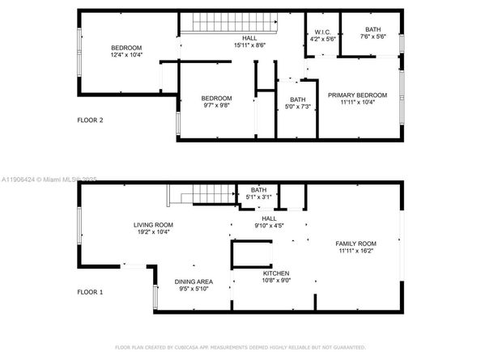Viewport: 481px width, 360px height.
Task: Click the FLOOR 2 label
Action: coord(90,121)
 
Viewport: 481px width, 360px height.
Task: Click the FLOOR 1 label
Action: coord(90,290)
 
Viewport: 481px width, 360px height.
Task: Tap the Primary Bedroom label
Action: coord(357,95)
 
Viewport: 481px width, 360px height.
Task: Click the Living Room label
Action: coord(154,225)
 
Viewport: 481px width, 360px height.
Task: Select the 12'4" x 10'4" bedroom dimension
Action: coord(126,55)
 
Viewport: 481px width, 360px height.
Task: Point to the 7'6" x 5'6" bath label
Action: coord(372,36)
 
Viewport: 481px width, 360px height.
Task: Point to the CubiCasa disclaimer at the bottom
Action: coord(240,347)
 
